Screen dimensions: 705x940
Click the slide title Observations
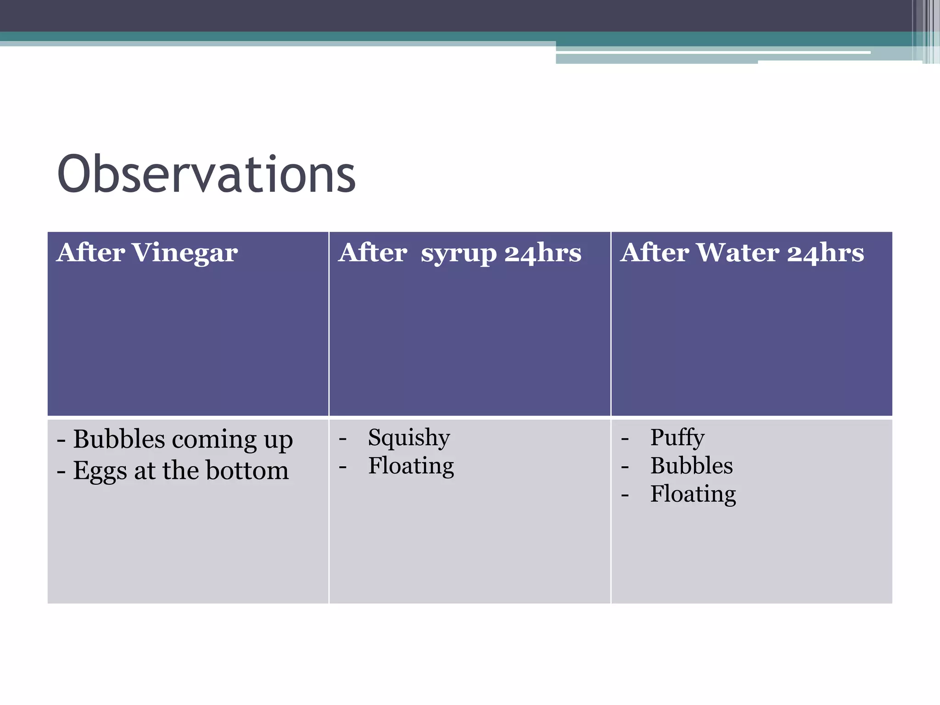tap(206, 174)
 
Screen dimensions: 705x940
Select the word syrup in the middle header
tap(459, 254)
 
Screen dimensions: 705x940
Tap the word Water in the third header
tap(737, 253)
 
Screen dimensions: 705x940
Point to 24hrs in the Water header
tap(825, 253)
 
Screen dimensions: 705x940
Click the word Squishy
tap(408, 438)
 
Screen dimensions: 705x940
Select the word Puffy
tap(677, 437)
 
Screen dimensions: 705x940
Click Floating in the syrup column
tap(411, 466)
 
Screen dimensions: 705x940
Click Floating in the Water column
tap(693, 494)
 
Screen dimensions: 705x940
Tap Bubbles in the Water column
tap(691, 466)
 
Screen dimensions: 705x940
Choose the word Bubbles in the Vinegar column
tap(119, 439)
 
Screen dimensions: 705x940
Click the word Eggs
tap(100, 471)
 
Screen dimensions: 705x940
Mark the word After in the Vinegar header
tap(90, 253)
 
